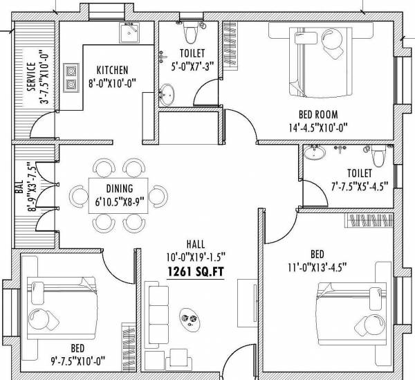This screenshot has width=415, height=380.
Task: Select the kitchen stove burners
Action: (x=70, y=78)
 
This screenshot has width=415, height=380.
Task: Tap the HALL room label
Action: (x=195, y=244)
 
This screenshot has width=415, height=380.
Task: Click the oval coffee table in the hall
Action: (x=188, y=319)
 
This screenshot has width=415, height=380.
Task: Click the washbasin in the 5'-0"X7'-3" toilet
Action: (x=168, y=92)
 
